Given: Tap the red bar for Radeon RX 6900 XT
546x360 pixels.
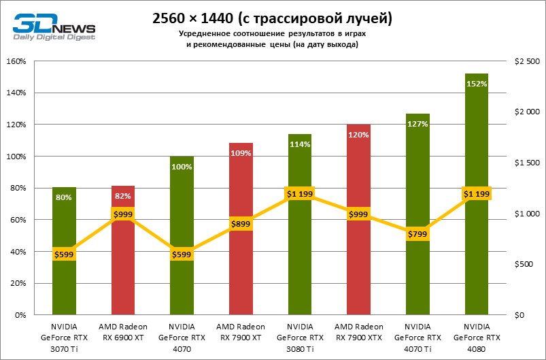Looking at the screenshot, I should tap(123, 272).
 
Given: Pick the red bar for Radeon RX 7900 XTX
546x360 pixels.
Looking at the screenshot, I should tap(358, 272).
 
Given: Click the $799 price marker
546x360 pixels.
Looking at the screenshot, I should tap(417, 234).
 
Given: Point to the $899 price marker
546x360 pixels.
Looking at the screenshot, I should tap(241, 224).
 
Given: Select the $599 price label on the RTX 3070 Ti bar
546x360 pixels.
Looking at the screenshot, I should tap(64, 255).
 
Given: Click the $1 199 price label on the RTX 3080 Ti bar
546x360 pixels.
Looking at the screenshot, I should tap(299, 194).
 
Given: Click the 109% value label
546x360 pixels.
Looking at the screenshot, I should tap(241, 153).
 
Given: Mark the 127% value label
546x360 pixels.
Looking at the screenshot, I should tap(417, 124).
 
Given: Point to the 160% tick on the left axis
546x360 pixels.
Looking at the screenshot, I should tap(16, 61).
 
